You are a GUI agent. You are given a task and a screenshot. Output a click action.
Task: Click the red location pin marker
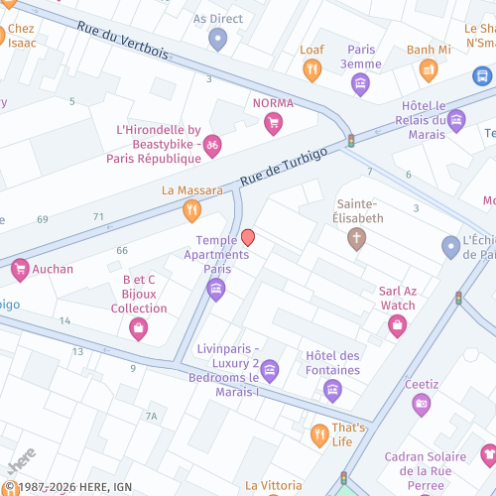(x=248, y=238)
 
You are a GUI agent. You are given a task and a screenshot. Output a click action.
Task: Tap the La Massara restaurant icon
(x=191, y=209)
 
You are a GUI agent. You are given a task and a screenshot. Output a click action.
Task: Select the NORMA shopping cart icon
(x=273, y=123)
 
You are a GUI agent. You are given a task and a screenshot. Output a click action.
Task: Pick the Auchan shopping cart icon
(x=20, y=268)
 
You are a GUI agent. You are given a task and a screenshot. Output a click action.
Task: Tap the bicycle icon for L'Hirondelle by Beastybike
(x=211, y=146)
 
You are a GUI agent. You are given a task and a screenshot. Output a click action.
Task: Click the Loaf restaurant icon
(x=312, y=69)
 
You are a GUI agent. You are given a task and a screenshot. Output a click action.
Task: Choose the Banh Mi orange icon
(x=429, y=69)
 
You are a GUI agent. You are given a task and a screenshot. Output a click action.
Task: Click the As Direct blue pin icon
(x=218, y=40)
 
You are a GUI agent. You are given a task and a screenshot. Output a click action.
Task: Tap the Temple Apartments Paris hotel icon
(x=216, y=289)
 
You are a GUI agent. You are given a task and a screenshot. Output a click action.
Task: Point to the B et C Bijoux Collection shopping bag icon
(x=138, y=328)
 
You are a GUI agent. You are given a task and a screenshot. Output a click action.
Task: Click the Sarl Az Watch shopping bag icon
(x=398, y=325)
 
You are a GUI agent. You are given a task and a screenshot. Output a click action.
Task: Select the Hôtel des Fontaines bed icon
(x=332, y=389)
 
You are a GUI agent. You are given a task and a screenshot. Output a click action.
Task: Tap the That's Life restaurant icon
(x=319, y=434)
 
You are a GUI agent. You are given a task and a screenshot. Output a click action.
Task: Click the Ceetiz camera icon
(x=422, y=403)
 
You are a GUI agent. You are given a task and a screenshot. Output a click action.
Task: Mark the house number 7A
(x=151, y=416)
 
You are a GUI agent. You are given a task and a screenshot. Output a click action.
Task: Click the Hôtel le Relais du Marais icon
(x=456, y=121)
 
